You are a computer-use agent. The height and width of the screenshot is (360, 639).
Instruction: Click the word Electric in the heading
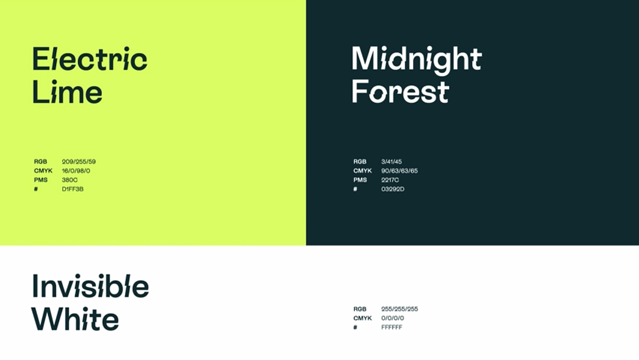(90, 59)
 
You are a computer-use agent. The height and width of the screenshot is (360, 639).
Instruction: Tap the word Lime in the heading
(67, 92)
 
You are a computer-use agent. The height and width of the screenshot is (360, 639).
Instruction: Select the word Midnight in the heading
(417, 60)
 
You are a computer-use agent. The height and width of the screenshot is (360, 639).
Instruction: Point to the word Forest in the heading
(400, 91)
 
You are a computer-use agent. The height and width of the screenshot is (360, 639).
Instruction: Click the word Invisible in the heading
(91, 286)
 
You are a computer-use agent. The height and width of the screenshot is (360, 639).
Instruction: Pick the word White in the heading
(75, 319)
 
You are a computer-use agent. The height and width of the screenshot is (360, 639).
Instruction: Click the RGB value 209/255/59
(79, 162)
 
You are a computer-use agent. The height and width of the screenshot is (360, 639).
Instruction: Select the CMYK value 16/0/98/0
(76, 171)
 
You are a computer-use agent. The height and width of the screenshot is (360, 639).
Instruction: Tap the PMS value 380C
(70, 180)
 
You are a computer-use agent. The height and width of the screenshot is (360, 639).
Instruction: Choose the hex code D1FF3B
(73, 189)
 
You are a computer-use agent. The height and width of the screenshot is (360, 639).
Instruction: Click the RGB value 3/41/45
(392, 162)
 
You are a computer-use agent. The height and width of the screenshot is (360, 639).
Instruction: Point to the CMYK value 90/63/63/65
(399, 171)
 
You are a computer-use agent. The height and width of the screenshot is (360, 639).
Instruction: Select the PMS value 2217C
(390, 180)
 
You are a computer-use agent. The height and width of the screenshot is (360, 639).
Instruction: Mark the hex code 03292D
(393, 189)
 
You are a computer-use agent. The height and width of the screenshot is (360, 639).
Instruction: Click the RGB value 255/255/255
(399, 309)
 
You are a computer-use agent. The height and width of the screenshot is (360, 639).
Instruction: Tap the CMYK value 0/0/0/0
(392, 318)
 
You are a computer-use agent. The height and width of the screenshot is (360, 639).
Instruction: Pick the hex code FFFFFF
(392, 327)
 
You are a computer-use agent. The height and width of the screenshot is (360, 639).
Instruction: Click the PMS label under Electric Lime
(41, 180)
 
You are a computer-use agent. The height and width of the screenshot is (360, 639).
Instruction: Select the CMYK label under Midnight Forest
(363, 171)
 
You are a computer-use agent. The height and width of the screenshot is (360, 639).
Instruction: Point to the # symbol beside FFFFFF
(356, 327)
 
